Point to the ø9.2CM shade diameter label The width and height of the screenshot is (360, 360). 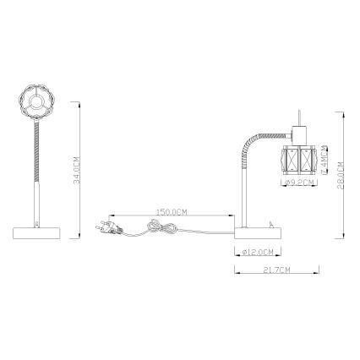299,182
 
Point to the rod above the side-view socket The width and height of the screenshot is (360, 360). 300,118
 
